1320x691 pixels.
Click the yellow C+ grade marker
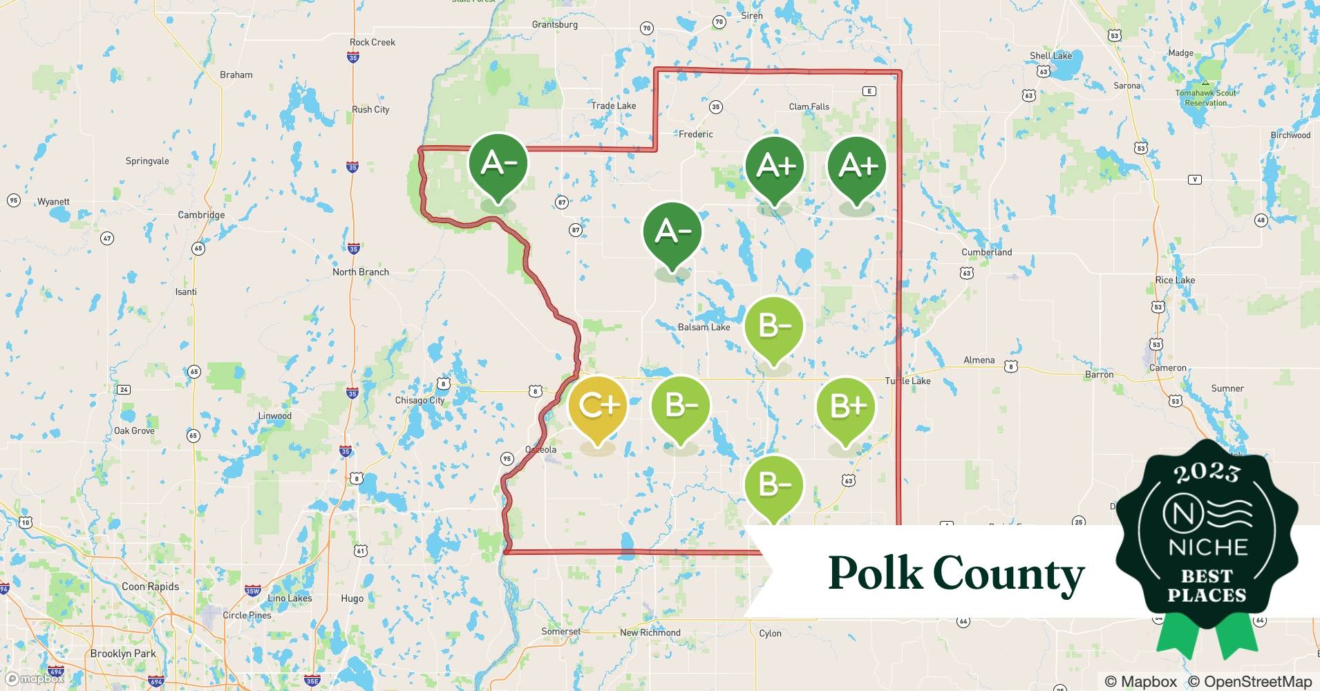(x=597, y=406)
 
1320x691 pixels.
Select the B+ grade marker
(x=846, y=406)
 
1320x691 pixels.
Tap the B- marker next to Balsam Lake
(x=774, y=326)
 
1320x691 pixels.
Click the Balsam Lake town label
(x=704, y=327)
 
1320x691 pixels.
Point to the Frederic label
(x=695, y=134)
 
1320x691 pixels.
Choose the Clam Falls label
(x=809, y=106)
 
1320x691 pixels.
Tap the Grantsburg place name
(x=554, y=25)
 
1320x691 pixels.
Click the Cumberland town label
(x=986, y=252)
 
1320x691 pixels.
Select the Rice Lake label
(x=1174, y=280)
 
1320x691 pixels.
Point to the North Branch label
(x=360, y=272)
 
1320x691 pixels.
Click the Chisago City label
(x=419, y=400)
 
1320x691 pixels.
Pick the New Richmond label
(x=650, y=632)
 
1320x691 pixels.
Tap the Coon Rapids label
(x=150, y=587)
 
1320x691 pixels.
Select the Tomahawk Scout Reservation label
(x=1205, y=98)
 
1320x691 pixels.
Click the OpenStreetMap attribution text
(x=1250, y=681)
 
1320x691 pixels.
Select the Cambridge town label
(x=201, y=215)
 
